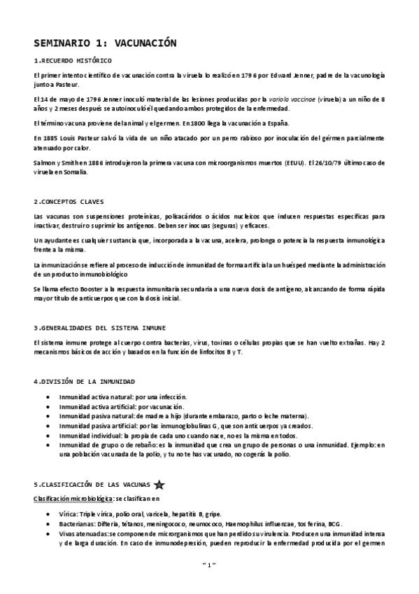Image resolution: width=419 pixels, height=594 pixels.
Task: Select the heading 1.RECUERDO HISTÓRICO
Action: point(72,61)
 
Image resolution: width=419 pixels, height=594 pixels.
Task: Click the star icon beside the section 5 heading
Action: point(159,483)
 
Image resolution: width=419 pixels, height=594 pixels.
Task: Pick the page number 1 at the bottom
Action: point(209,583)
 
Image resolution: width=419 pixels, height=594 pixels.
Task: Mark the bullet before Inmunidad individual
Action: point(47,436)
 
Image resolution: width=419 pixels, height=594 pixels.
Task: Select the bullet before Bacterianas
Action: point(47,524)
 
